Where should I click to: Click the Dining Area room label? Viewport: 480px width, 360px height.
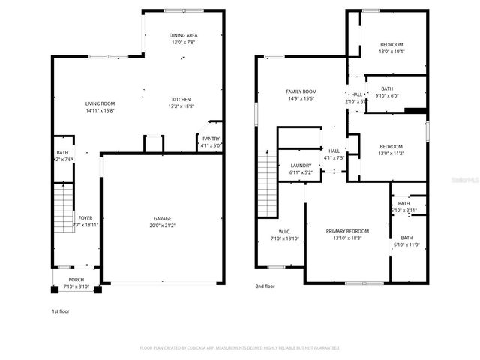[x=183, y=35]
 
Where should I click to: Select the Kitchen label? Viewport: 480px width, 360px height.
[x=181, y=100]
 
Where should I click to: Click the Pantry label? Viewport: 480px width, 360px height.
[x=211, y=138]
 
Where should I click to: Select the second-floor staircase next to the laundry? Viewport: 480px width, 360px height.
[x=266, y=172]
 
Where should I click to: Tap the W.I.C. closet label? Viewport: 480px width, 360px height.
[x=284, y=232]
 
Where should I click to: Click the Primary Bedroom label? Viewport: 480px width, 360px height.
[x=347, y=231]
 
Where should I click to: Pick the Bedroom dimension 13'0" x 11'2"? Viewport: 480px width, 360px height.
[x=391, y=153]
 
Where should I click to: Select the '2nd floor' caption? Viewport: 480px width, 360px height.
[x=265, y=286]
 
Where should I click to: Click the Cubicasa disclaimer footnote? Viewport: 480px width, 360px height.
[x=240, y=348]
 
